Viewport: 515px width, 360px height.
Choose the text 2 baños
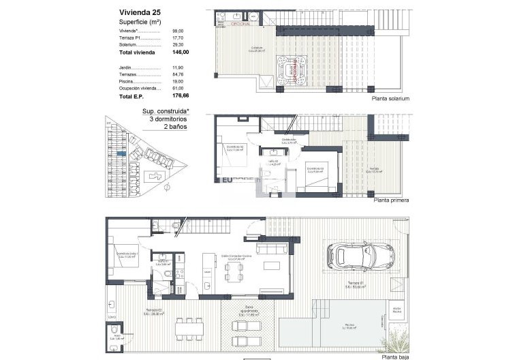pyautogui.click(x=174, y=126)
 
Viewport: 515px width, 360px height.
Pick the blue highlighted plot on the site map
pyautogui.click(x=121, y=154)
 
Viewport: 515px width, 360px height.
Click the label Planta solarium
pyautogui.click(x=392, y=99)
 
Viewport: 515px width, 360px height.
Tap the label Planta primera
pyautogui.click(x=391, y=202)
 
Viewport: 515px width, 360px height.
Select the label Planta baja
pyautogui.click(x=394, y=356)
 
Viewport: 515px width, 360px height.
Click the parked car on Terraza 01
pyautogui.click(x=360, y=256)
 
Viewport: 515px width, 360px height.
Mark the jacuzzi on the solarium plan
pyautogui.click(x=291, y=69)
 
